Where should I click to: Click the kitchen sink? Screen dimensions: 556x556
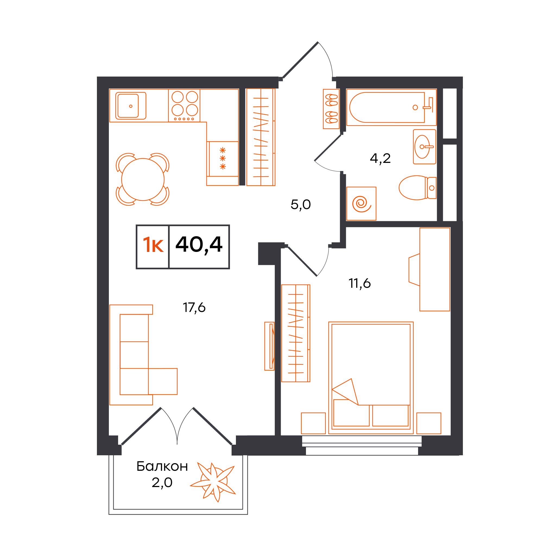point(131,106)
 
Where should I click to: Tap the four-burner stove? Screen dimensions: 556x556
point(184,105)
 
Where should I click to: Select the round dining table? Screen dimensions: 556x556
point(143,179)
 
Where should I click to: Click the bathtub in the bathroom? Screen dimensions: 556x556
point(391,107)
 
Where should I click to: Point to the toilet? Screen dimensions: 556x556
point(417,188)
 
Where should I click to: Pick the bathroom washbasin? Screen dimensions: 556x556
point(425,147)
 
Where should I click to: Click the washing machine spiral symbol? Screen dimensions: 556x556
point(361,204)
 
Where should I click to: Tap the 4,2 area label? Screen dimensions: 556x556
point(380,158)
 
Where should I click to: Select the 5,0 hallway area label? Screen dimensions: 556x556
point(301,205)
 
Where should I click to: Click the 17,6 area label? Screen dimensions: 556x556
point(194,308)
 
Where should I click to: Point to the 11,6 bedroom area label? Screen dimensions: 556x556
point(360,283)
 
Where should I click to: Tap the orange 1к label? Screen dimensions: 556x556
point(153,245)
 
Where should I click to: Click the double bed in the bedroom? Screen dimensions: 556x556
point(371,378)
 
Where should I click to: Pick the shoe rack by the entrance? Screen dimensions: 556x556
point(331,109)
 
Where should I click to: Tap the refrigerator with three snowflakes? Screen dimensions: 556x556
point(222,163)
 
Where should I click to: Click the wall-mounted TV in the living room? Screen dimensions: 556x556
point(270,346)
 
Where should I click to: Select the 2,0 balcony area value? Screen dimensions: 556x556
point(162,483)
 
